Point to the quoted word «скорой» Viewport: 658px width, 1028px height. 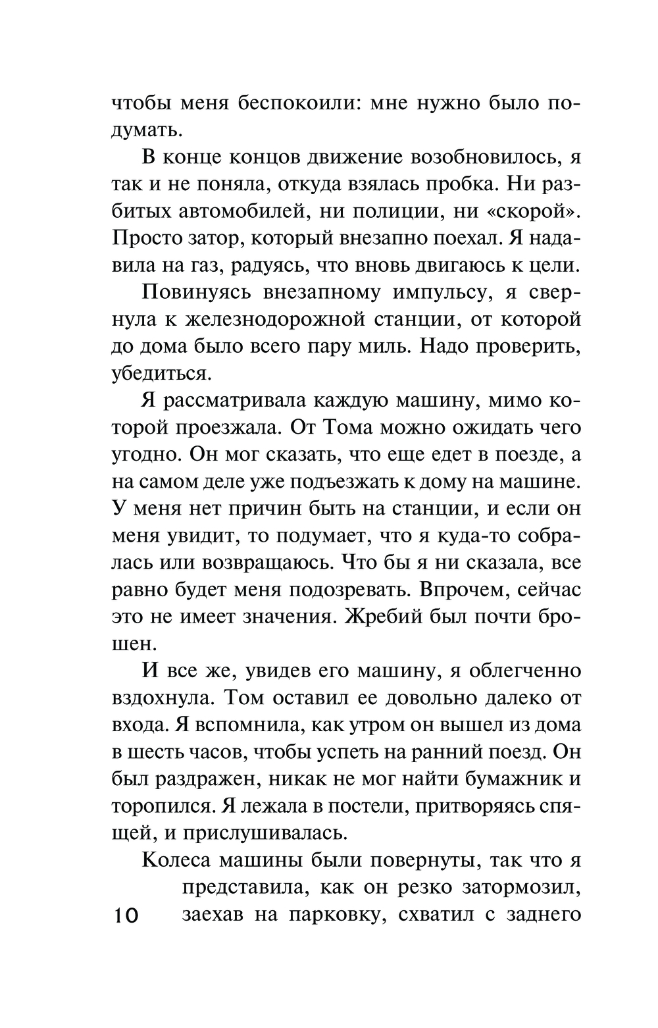coord(536,213)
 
